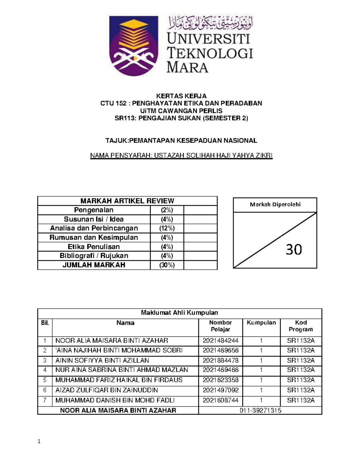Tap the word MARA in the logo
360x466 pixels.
(x=187, y=67)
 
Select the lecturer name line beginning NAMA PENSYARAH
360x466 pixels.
(x=181, y=155)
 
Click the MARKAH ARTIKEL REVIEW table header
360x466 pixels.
(x=127, y=201)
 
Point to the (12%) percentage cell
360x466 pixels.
(x=167, y=228)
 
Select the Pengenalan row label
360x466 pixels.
(x=94, y=210)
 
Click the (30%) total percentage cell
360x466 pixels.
(x=167, y=265)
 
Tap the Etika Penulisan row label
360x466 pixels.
(x=94, y=247)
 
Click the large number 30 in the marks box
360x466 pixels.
(x=294, y=249)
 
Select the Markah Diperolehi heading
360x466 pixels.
(x=275, y=205)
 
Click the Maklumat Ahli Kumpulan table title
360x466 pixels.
(x=179, y=313)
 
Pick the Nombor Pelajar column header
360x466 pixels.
(x=220, y=326)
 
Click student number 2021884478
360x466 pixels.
(x=220, y=360)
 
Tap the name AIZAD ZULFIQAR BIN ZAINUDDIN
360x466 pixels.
(x=107, y=390)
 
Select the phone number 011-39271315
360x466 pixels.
(x=260, y=410)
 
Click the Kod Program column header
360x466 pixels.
(x=301, y=326)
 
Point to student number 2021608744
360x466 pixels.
(x=220, y=400)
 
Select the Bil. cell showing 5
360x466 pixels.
(x=45, y=380)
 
